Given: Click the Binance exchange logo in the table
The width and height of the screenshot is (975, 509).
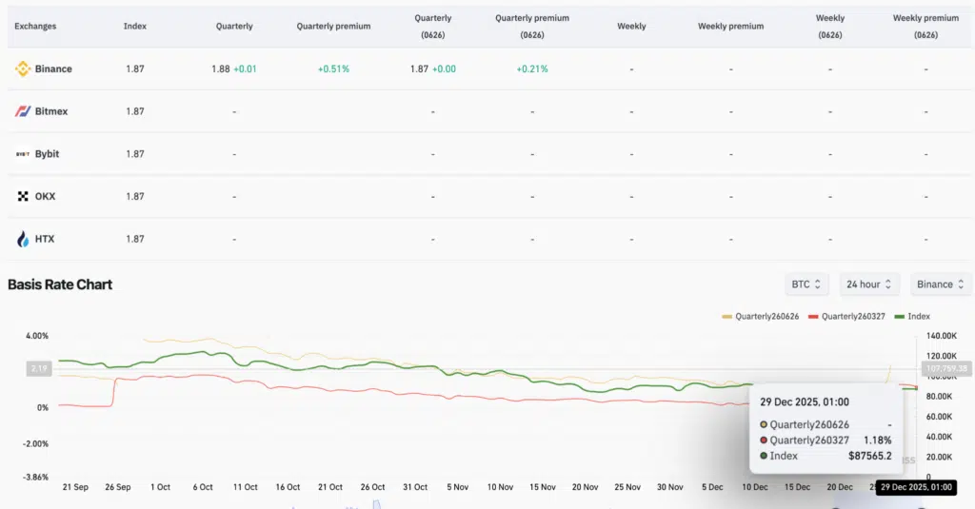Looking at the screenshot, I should (x=23, y=69).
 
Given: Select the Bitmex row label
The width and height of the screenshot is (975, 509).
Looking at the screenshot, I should (x=51, y=111).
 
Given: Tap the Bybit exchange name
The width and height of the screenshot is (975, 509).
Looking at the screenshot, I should (x=48, y=154).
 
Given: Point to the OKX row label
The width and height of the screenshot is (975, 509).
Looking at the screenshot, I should (x=45, y=196).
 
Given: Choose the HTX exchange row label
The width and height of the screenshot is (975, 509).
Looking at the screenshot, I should (x=45, y=239).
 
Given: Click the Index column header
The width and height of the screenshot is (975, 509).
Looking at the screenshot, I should (x=135, y=27).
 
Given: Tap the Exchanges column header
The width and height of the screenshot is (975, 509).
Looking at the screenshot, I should (x=35, y=27).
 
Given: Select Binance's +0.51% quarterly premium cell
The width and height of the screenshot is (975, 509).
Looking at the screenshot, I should (x=333, y=69).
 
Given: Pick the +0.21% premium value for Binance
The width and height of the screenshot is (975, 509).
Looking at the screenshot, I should (x=532, y=69).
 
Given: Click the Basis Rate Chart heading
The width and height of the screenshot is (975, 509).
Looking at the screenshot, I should (x=60, y=284).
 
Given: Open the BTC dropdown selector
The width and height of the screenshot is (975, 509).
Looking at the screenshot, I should (x=806, y=284).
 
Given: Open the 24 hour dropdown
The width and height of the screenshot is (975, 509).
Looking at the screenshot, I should (x=870, y=284).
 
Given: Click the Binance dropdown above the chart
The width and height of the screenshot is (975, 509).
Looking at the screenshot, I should (x=941, y=284).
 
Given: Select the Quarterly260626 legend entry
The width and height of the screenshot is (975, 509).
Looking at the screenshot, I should (x=761, y=316).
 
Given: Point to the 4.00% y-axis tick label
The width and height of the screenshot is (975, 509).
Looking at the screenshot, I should (x=36, y=336).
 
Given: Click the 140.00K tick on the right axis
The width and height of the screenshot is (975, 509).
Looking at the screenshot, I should (x=941, y=336).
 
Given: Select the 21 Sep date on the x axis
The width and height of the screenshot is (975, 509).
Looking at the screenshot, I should (x=75, y=487).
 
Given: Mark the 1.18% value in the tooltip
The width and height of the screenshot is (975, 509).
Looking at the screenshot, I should (x=877, y=440).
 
